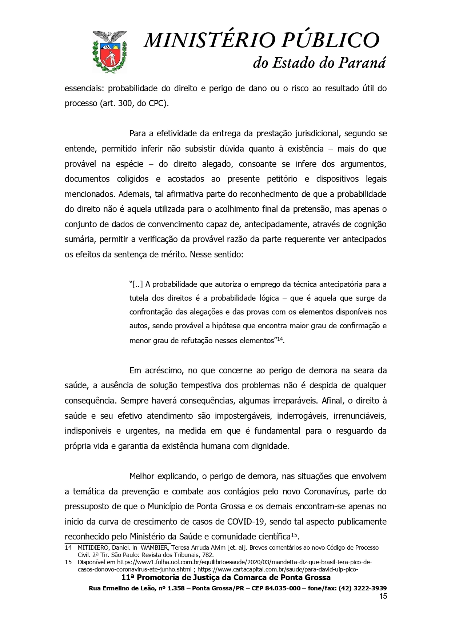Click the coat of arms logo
point(109,51)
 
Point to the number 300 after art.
point(125,103)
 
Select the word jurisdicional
point(314,133)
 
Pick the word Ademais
point(133,194)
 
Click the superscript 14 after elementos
point(280,339)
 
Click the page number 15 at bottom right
point(383,596)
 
